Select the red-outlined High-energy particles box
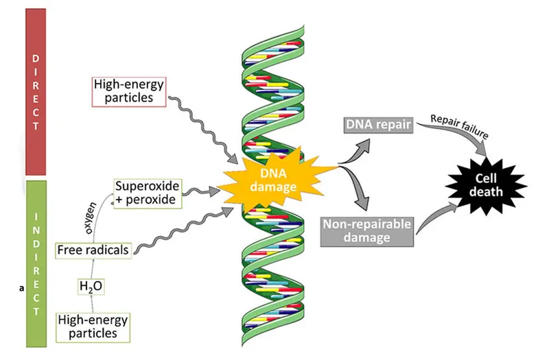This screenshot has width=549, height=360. [129, 93]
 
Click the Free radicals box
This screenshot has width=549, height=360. [93, 250]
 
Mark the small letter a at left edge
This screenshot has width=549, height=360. [22, 289]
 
